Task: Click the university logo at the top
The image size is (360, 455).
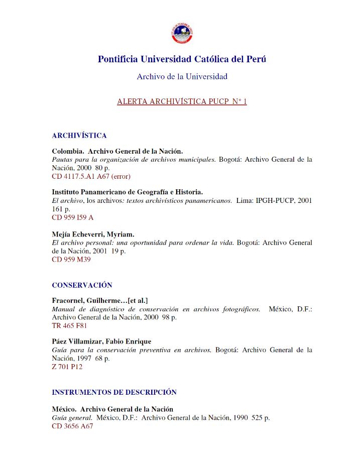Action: point(182,33)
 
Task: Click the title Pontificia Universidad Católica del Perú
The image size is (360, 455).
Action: point(182,59)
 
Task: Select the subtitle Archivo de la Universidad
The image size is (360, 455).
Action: point(182,76)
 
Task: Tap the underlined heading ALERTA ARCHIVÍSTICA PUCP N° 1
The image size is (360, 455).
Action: point(182,101)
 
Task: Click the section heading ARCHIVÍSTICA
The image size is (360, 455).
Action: point(79,136)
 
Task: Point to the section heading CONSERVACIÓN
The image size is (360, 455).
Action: point(82,285)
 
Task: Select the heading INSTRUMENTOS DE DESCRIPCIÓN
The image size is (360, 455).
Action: point(114,392)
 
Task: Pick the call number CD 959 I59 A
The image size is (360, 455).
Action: point(72,217)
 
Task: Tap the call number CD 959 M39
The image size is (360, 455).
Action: point(71,260)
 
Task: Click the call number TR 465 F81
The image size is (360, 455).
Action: point(69,325)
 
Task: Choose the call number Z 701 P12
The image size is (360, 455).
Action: point(67,367)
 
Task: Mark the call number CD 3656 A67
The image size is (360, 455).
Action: point(72,426)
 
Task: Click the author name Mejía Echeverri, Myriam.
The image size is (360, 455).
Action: point(93,234)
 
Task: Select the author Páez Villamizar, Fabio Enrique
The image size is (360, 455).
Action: point(101,342)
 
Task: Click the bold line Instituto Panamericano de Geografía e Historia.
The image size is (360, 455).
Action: point(127,192)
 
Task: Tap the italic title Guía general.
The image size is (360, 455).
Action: point(72,418)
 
